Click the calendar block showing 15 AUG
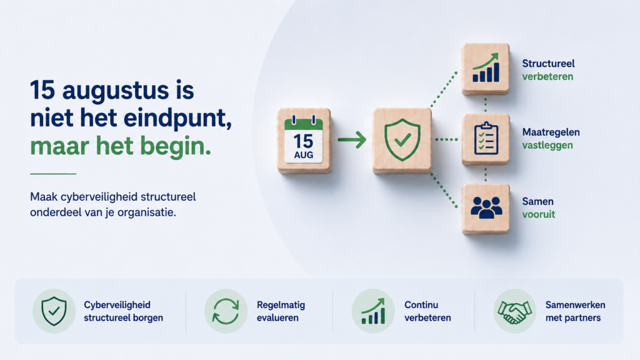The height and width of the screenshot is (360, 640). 304,141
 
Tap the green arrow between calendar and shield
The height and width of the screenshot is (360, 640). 352,139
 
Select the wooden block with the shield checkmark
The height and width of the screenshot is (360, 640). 402,141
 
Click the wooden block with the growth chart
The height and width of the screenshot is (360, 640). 485,69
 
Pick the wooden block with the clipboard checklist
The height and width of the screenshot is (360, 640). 486,139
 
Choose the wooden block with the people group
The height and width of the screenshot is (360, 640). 486,208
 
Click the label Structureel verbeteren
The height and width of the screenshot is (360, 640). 548,70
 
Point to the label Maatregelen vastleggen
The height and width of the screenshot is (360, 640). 551,139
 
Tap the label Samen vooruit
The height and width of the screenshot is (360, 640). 538,207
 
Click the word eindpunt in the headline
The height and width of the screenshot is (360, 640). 177,118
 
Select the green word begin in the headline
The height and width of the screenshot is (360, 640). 176,146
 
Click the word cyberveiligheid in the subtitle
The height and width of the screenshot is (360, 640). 99,197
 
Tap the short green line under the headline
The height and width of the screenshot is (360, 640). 53,174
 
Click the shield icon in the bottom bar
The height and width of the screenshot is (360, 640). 54,311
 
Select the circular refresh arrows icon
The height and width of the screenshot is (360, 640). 226,311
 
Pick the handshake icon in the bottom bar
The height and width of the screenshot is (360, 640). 514,312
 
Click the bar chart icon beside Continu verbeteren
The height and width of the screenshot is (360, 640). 373,311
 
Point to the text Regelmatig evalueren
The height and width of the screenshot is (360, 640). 281,311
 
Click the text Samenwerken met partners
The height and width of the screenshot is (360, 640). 575,311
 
